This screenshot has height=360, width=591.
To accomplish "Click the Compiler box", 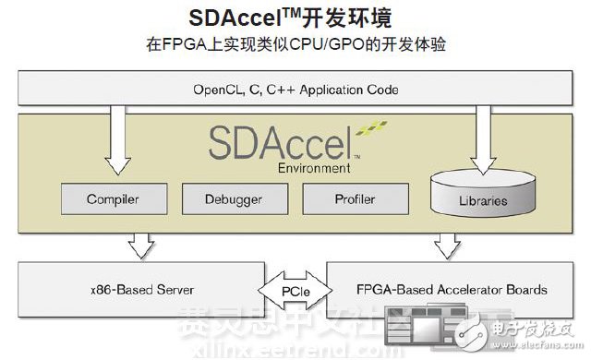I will [112, 198].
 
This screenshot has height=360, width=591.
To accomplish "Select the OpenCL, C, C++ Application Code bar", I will [295, 90].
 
